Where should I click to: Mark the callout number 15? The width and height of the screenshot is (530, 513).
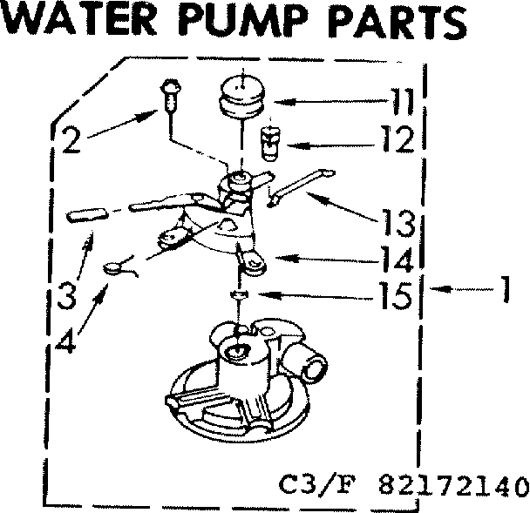[x=395, y=296]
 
